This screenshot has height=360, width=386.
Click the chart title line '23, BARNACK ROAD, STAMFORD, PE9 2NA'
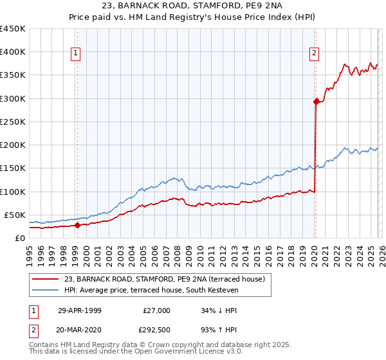(x=192, y=6)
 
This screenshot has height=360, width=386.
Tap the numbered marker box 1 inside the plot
(x=76, y=53)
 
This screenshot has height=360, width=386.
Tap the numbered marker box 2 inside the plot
(x=315, y=53)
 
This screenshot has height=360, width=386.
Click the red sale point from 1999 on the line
(x=77, y=225)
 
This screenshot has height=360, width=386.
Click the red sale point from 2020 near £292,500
(x=316, y=102)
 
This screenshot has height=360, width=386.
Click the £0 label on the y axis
(x=19, y=238)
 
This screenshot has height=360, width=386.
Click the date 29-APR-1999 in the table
(x=80, y=310)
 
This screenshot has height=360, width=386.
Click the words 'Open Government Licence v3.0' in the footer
(x=187, y=352)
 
